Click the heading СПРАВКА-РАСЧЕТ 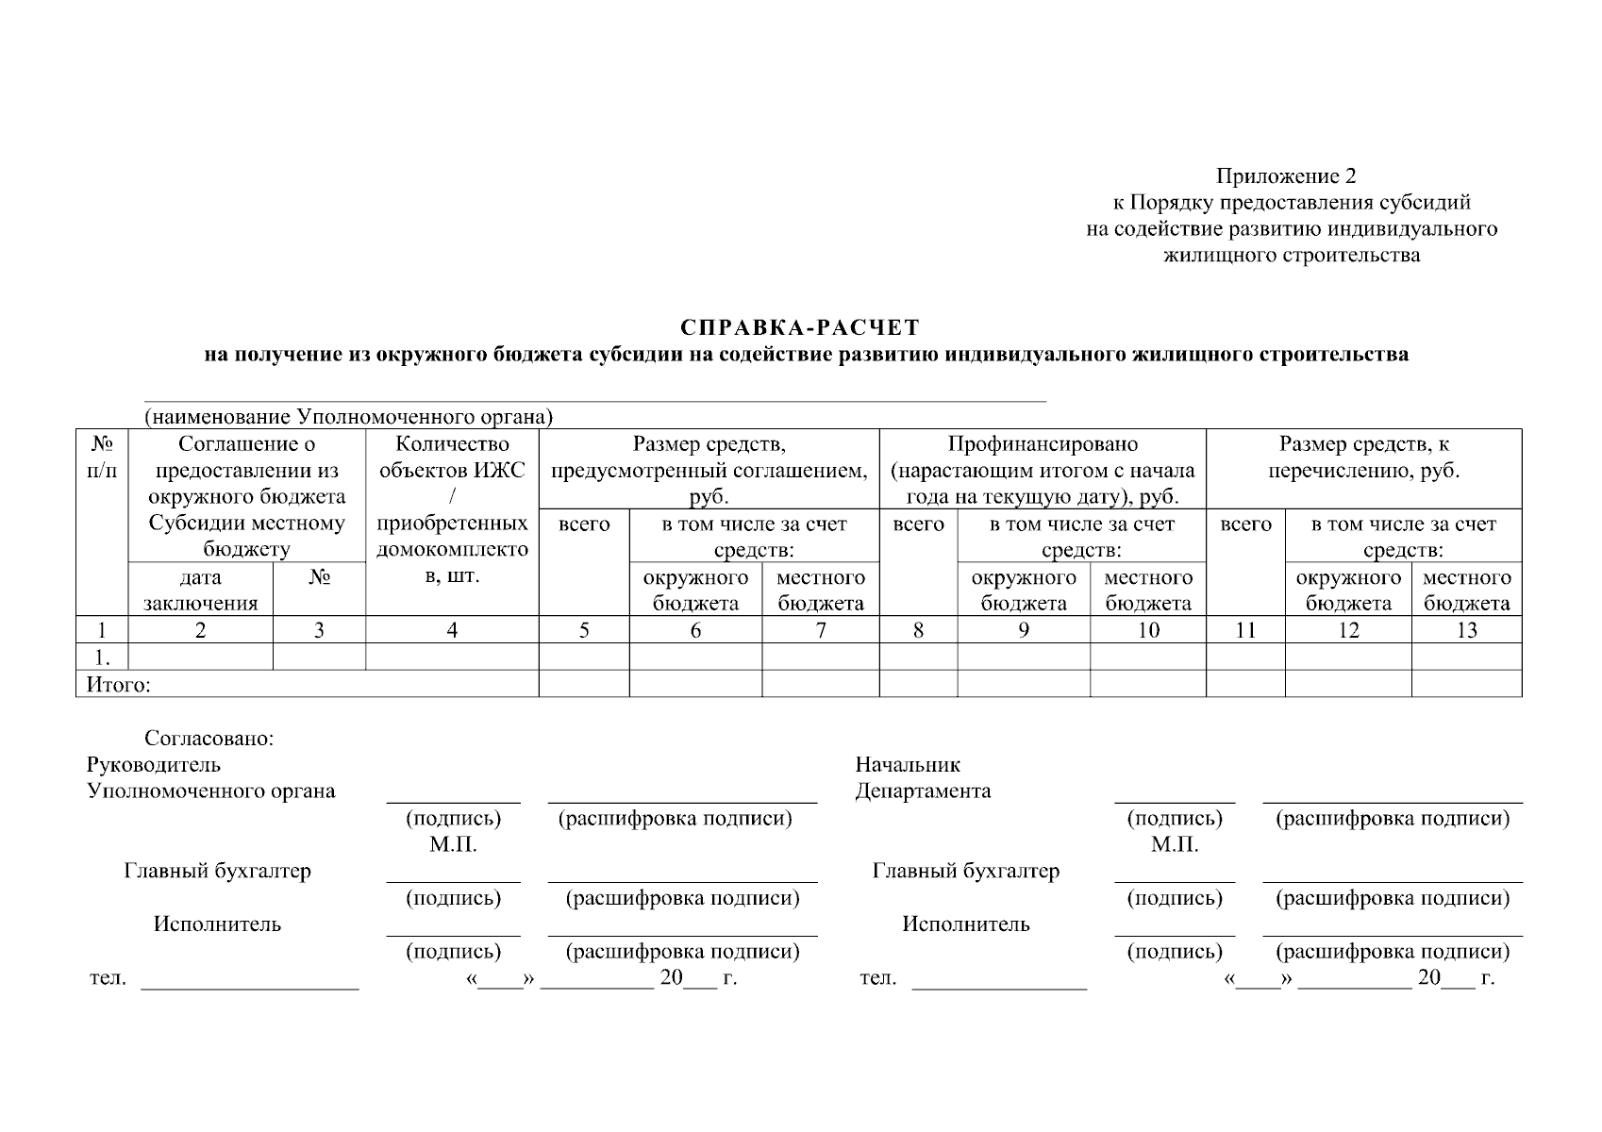[x=799, y=328]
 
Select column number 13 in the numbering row [x=1466, y=631]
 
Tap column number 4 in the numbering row [x=452, y=631]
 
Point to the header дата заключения [x=200, y=591]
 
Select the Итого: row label [x=118, y=685]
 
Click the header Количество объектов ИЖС [x=452, y=457]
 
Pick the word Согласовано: [x=209, y=739]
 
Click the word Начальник [x=907, y=765]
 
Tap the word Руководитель [x=154, y=765]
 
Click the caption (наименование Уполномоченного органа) [x=348, y=417]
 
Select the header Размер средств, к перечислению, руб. [x=1363, y=458]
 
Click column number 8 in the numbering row [x=918, y=631]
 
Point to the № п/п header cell [x=102, y=457]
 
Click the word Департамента [x=923, y=791]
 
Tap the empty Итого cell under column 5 [x=584, y=684]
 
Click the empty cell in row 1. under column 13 [x=1466, y=658]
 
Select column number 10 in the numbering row [x=1148, y=631]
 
